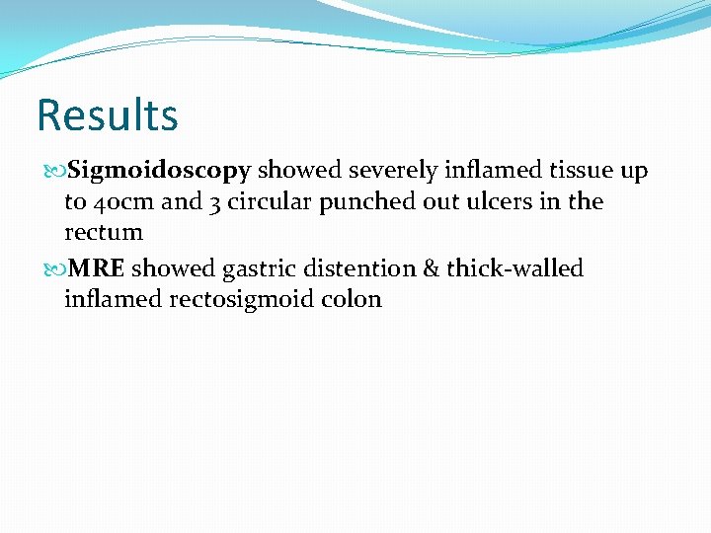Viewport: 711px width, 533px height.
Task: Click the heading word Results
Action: (x=107, y=114)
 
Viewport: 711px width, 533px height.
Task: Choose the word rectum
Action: (x=104, y=234)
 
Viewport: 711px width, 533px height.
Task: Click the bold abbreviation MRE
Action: (x=96, y=268)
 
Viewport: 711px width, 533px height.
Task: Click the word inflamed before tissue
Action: (x=473, y=171)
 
